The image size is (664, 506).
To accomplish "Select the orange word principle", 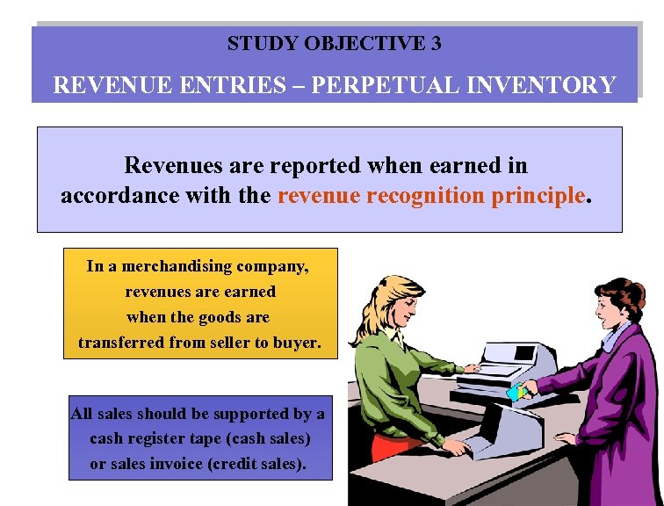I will (538, 195).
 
